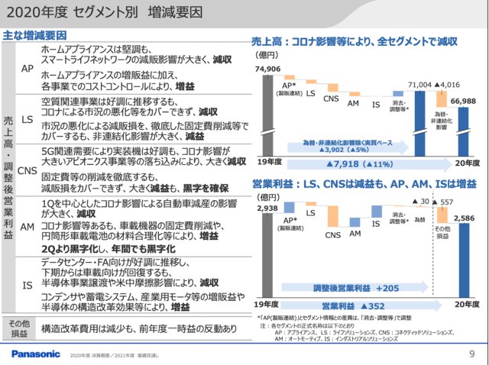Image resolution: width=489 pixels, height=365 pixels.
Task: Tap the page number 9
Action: click(471, 354)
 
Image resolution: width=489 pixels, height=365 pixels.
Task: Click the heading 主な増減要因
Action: click(34, 35)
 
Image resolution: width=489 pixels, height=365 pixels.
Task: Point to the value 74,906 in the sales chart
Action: click(269, 69)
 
